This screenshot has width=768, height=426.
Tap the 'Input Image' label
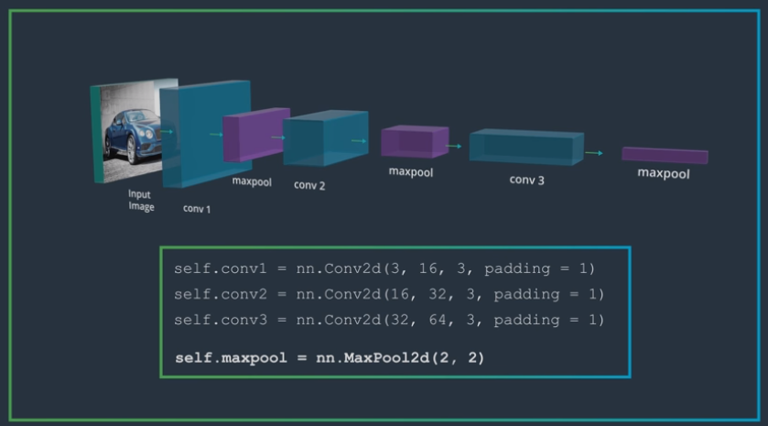pyautogui.click(x=140, y=201)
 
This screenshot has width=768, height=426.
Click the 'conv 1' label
pyautogui.click(x=197, y=208)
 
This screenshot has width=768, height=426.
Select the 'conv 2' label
pyautogui.click(x=309, y=184)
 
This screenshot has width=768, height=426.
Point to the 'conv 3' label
pyautogui.click(x=526, y=180)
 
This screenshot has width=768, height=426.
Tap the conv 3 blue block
pyautogui.click(x=525, y=147)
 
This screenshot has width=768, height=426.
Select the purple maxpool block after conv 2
pyautogui.click(x=414, y=142)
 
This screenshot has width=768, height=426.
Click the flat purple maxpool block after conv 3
pyautogui.click(x=665, y=155)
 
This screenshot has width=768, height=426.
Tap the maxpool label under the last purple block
pyautogui.click(x=664, y=173)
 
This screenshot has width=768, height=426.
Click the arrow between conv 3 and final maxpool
pyautogui.click(x=594, y=153)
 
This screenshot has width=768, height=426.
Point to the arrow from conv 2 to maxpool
pyautogui.click(x=360, y=141)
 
